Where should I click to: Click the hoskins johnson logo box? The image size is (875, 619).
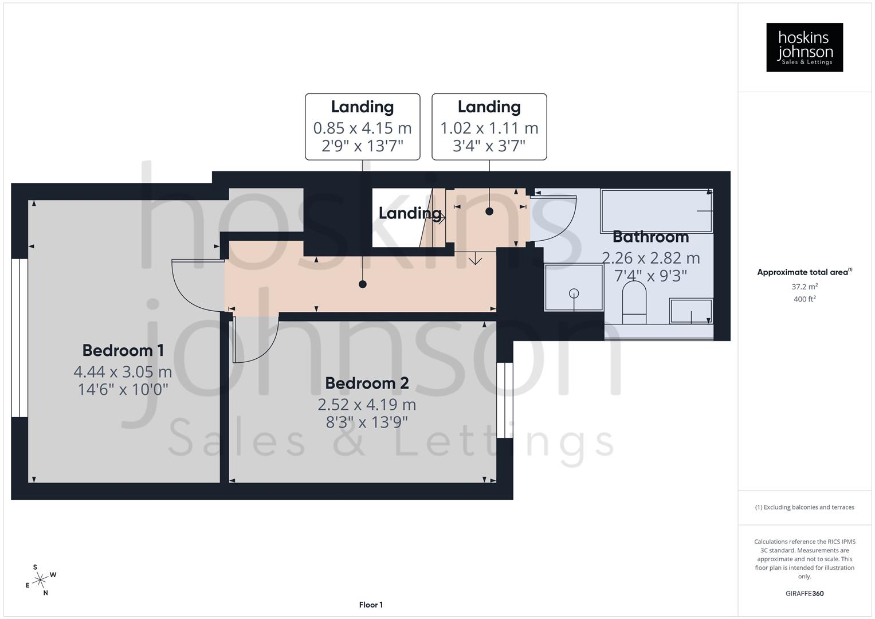coord(804,48)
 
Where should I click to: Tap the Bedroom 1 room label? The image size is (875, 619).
coord(123,350)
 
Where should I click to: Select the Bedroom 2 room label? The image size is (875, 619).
coord(367,383)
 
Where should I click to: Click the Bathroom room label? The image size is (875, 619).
coord(650,237)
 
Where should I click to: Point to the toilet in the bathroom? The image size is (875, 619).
coord(634,303)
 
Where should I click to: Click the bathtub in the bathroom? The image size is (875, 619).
coord(656,210)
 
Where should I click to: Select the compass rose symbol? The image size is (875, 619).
coord(40,580)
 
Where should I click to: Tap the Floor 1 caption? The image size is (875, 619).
coord(371,605)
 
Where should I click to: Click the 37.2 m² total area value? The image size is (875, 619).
coord(804,287)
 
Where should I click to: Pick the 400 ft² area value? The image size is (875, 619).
coord(804,299)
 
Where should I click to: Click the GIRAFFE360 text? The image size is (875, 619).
coord(804,593)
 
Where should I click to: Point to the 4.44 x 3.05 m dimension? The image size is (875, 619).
coord(123,371)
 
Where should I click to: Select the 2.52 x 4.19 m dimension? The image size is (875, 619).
coord(367,404)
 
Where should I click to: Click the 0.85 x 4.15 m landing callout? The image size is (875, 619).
coord(362,127)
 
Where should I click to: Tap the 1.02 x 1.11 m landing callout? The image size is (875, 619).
coord(489,127)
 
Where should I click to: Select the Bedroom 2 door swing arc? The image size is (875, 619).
coord(258,344)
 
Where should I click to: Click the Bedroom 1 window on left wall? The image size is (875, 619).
coord(19,338)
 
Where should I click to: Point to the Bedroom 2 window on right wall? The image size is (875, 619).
coord(505,400)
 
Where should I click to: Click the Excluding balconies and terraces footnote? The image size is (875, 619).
coord(804,507)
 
